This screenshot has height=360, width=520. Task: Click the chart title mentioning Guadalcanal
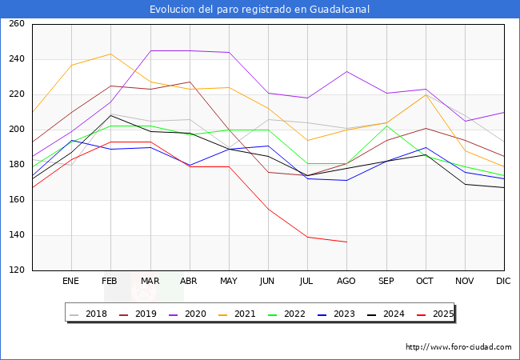tap(259, 10)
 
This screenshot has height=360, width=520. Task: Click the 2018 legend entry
tap(97, 314)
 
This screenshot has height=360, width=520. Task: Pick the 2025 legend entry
tap(442, 314)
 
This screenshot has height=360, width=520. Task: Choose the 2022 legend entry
tap(294, 314)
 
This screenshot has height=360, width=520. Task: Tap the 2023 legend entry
tap(343, 314)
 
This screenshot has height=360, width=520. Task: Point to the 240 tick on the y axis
tap(16, 59)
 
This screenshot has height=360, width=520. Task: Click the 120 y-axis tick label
tap(16, 270)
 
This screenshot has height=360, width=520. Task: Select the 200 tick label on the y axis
tap(16, 130)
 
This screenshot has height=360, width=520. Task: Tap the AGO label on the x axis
tap(346, 282)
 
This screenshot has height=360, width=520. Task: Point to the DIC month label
tap(503, 282)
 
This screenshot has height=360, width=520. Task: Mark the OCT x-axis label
tap(425, 282)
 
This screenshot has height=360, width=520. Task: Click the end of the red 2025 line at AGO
tap(346, 242)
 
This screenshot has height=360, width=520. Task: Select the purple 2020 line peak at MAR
tap(150, 51)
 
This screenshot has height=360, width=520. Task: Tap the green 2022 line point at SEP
tap(386, 126)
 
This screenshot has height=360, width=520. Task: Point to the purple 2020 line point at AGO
tap(346, 71)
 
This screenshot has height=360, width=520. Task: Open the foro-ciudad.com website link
tap(458, 347)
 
